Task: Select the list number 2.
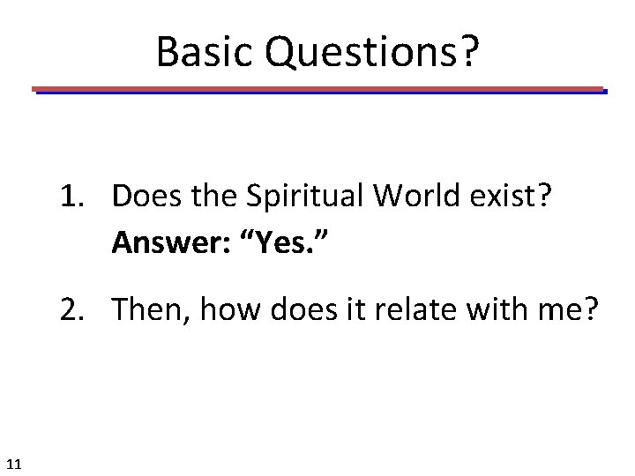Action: click(72, 309)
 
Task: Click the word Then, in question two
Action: click(144, 309)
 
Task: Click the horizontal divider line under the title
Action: click(317, 90)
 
